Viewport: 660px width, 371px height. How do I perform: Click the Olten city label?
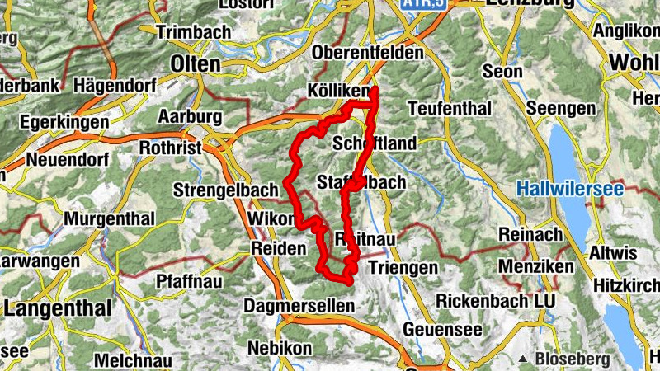coord(196,63)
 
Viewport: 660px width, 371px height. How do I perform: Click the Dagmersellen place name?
coord(299,305)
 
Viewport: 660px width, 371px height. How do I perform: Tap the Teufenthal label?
coord(450,109)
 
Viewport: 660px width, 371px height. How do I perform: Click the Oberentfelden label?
coord(368,53)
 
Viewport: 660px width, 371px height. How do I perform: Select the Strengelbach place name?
coord(226,190)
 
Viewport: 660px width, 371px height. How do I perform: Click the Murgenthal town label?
coord(109,220)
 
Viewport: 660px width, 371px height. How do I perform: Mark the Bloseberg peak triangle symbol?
coord(523,359)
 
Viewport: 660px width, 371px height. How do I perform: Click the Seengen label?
coord(561,109)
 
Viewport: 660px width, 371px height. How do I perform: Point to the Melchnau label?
coord(132,360)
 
